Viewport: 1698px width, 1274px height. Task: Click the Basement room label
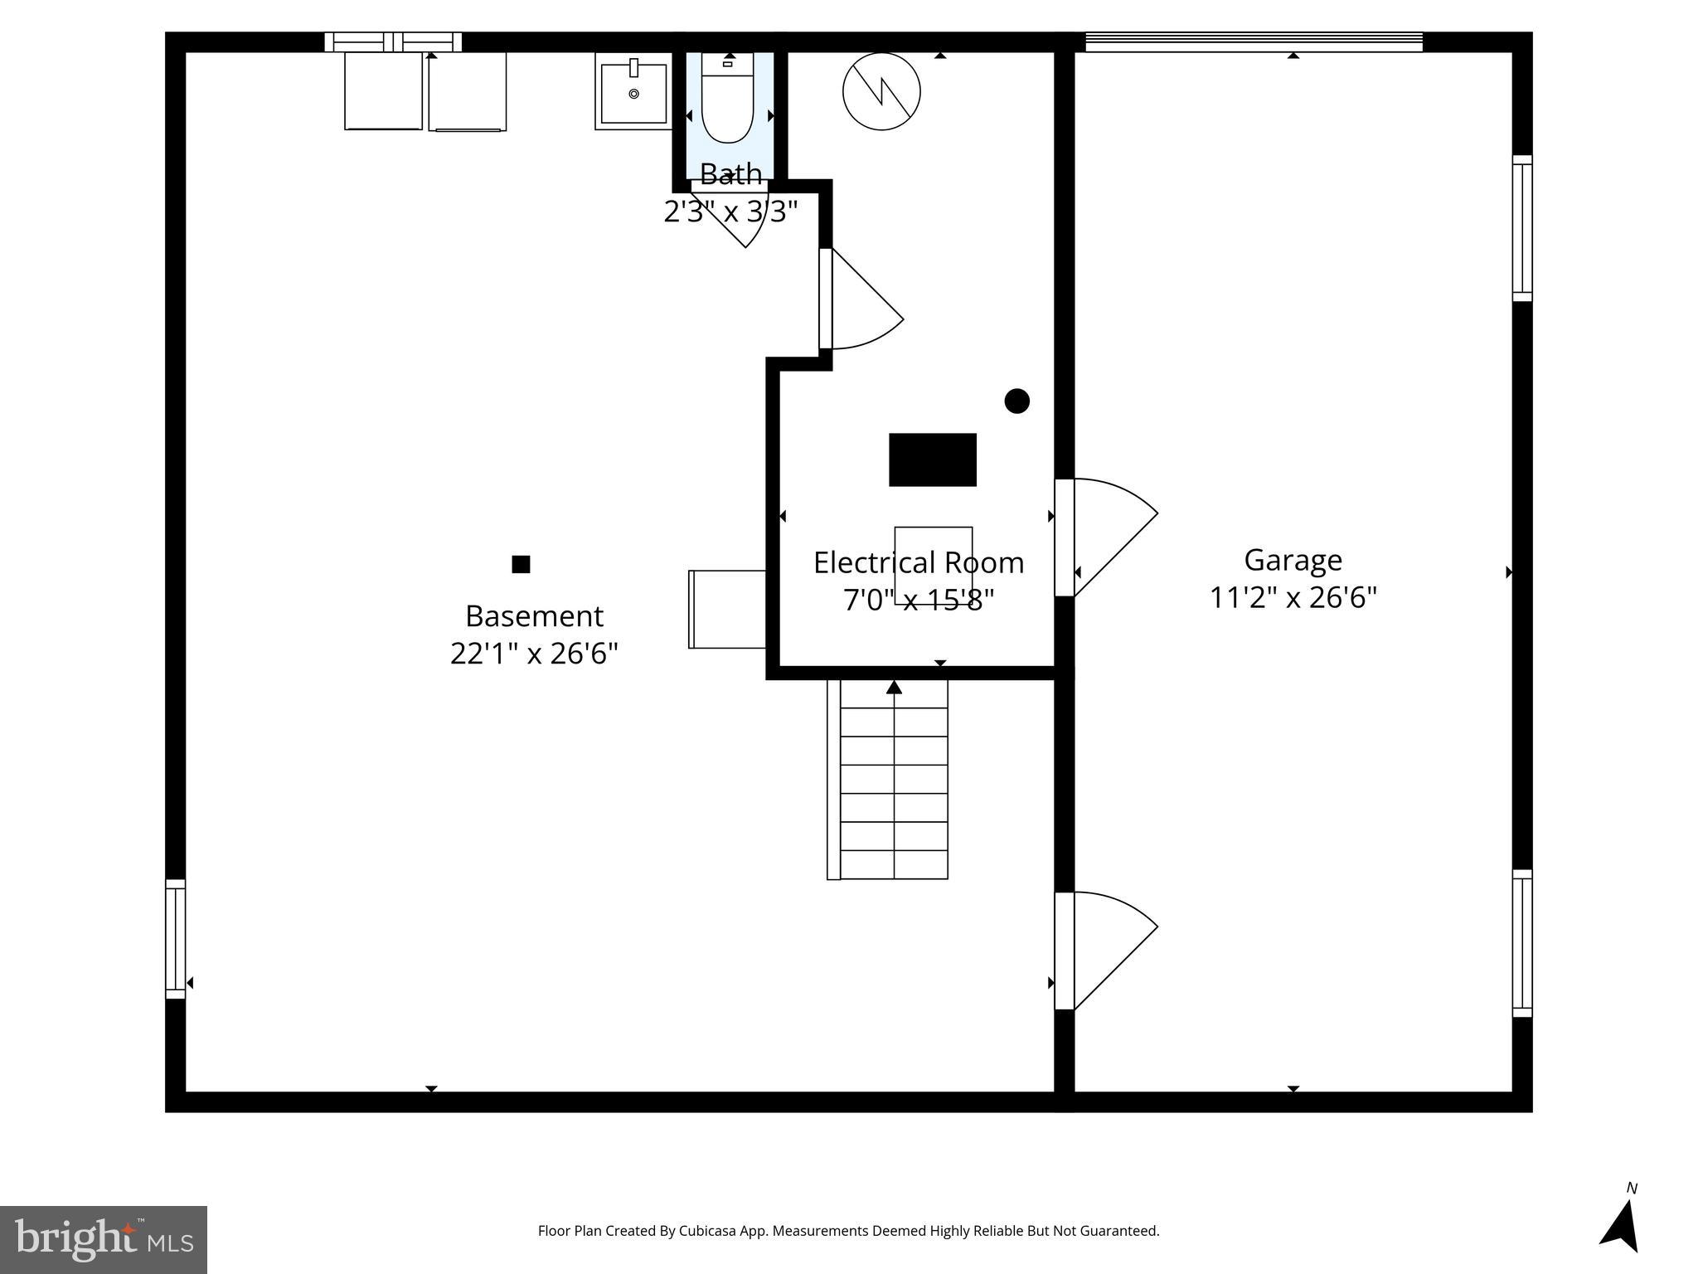(x=534, y=616)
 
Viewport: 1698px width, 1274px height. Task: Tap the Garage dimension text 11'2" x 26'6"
(x=1293, y=598)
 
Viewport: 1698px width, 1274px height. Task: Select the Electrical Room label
(x=918, y=563)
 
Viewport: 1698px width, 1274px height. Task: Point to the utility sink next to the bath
(x=633, y=92)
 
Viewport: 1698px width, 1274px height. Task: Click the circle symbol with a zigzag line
(x=881, y=91)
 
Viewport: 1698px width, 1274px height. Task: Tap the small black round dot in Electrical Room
(x=1016, y=401)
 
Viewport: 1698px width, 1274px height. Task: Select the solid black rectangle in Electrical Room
(x=932, y=460)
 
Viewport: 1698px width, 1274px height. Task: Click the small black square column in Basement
(x=521, y=565)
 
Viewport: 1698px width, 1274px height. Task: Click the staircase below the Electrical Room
(x=893, y=780)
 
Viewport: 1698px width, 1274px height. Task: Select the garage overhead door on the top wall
(x=1253, y=41)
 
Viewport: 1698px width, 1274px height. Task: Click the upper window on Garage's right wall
(x=1521, y=228)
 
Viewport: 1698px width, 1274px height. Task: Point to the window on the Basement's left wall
(x=175, y=938)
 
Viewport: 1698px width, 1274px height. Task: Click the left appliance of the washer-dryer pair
(x=383, y=91)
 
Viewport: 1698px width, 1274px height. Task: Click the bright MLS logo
(x=104, y=1239)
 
